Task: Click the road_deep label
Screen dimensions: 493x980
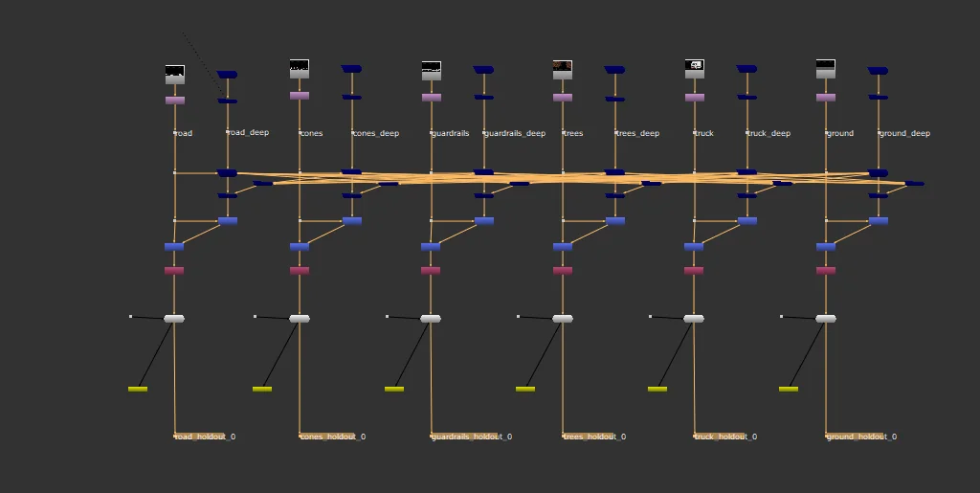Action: click(249, 132)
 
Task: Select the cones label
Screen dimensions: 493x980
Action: click(312, 133)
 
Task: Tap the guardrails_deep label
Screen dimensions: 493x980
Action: click(515, 133)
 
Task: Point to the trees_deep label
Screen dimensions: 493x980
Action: click(637, 133)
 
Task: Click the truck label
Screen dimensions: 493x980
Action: click(704, 133)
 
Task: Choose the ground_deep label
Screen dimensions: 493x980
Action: click(904, 133)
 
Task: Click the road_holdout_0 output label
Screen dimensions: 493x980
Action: click(206, 437)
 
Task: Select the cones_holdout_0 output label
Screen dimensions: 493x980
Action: click(333, 437)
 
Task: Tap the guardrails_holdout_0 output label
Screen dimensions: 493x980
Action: click(471, 437)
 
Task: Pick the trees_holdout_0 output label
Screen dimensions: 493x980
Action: click(595, 437)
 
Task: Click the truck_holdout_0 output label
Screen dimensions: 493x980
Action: click(726, 437)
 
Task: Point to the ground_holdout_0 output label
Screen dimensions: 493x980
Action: click(861, 437)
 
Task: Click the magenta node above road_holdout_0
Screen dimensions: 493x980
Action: click(174, 271)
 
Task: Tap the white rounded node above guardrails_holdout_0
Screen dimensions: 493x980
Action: click(431, 319)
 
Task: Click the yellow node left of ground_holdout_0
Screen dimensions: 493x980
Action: click(789, 389)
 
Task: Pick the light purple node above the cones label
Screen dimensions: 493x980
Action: click(300, 96)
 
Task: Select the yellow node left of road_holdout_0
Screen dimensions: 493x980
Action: click(138, 389)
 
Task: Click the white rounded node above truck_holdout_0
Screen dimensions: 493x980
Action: click(694, 319)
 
